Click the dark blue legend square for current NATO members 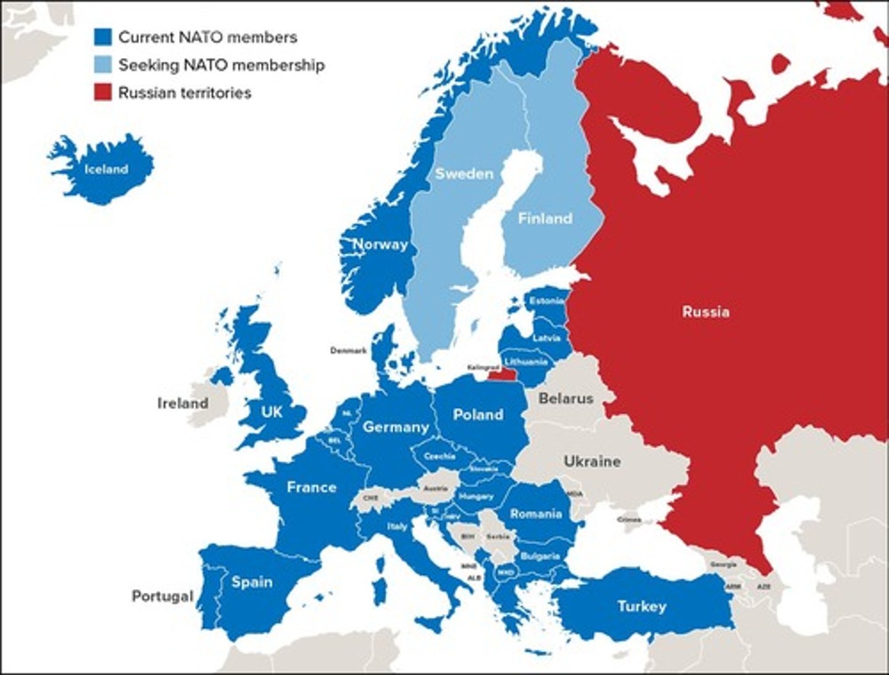[103, 37]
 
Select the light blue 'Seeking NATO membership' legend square [103, 65]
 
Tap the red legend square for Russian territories [103, 93]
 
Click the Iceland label [106, 169]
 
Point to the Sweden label [464, 174]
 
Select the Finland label [545, 218]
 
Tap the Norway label [380, 245]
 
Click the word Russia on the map [706, 312]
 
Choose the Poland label [478, 415]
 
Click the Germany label [396, 427]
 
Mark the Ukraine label [592, 462]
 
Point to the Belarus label [566, 399]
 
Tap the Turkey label [642, 607]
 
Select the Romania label [536, 514]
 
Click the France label [311, 487]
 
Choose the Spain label [252, 582]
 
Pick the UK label [272, 412]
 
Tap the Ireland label [183, 404]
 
